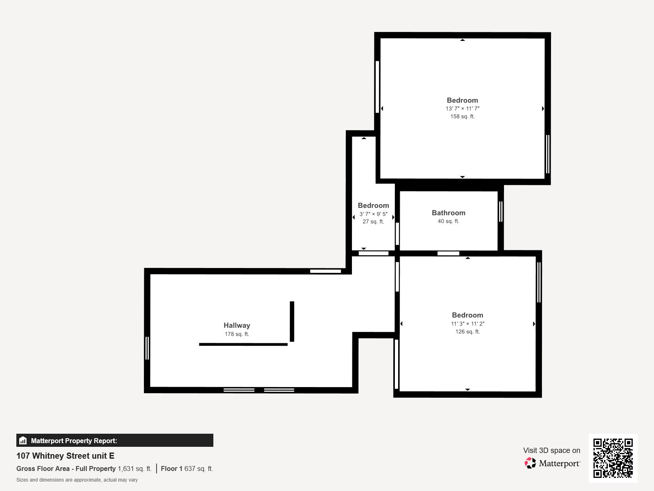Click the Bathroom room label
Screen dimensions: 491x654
tap(448, 213)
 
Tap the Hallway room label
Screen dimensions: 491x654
tap(237, 325)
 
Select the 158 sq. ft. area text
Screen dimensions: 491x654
tap(462, 117)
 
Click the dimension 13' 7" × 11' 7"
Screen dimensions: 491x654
tap(462, 109)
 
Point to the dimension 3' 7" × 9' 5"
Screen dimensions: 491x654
tap(373, 214)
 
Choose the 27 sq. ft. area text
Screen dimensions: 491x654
tap(373, 222)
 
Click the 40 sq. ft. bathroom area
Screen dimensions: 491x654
tap(448, 221)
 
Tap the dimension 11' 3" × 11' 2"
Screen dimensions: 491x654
tap(468, 324)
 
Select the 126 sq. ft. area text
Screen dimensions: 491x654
tap(468, 332)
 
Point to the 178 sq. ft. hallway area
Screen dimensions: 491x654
tap(237, 334)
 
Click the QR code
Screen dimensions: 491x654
tap(613, 458)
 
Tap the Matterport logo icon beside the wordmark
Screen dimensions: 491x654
tap(530, 463)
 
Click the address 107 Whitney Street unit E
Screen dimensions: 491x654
tap(65, 456)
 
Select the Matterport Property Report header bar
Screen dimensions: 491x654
tap(114, 441)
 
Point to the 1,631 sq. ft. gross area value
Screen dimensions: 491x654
tap(134, 469)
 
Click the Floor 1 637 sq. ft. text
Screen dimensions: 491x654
tap(187, 469)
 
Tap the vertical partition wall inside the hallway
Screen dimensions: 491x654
tap(292, 321)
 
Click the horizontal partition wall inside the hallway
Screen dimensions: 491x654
tap(243, 345)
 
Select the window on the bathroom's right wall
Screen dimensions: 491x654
tap(501, 212)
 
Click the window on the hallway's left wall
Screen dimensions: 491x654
tap(147, 348)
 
